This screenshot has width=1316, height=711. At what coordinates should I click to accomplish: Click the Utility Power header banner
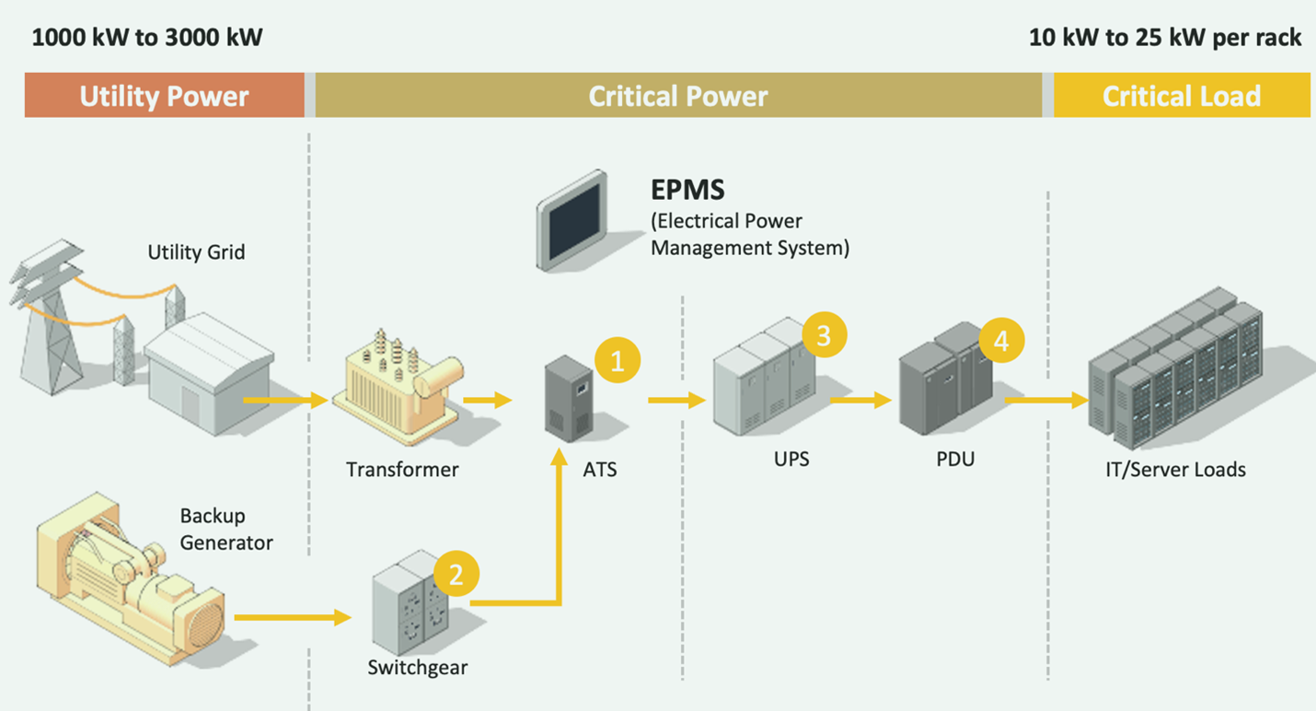pyautogui.click(x=164, y=96)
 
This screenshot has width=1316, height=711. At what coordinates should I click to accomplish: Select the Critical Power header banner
pyautogui.click(x=678, y=96)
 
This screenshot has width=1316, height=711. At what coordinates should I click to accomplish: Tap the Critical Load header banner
pyautogui.click(x=1182, y=96)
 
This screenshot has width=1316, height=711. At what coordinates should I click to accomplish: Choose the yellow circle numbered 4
pyautogui.click(x=1001, y=342)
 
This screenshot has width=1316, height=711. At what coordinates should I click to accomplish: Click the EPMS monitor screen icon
pyautogui.click(x=573, y=221)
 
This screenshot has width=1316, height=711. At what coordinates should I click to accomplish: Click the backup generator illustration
pyautogui.click(x=129, y=577)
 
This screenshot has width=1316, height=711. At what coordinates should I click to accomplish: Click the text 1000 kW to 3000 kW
pyautogui.click(x=147, y=38)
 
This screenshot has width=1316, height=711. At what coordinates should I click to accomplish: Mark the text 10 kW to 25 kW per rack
pyautogui.click(x=1165, y=38)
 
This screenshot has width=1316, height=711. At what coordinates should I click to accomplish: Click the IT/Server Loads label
pyautogui.click(x=1175, y=470)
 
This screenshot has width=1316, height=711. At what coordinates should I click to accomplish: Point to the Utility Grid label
pyautogui.click(x=196, y=251)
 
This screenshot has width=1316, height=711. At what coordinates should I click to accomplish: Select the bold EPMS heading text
pyautogui.click(x=687, y=191)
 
